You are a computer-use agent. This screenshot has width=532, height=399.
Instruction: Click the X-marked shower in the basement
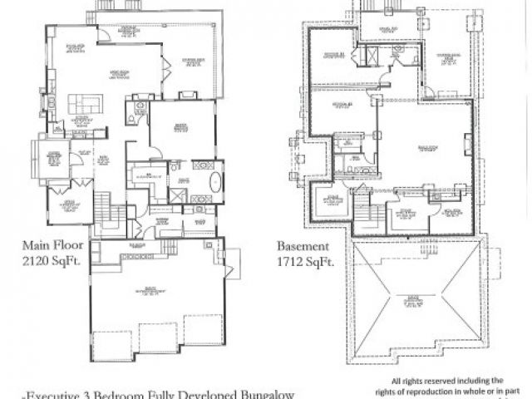(372, 57)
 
